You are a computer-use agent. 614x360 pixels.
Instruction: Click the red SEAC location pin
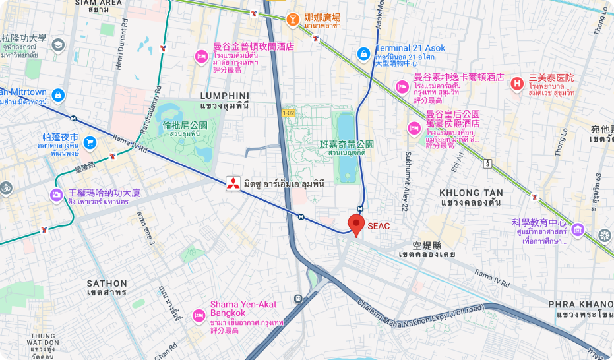(356, 224)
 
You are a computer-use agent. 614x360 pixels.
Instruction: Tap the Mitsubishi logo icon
(232, 184)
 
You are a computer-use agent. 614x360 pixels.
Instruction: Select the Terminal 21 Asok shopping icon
(363, 53)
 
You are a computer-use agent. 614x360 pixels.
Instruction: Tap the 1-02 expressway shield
(288, 113)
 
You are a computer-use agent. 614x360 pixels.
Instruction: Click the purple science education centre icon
(578, 229)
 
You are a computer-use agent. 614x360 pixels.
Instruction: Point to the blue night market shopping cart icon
(90, 143)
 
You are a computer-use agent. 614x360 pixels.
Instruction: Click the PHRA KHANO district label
(580, 304)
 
